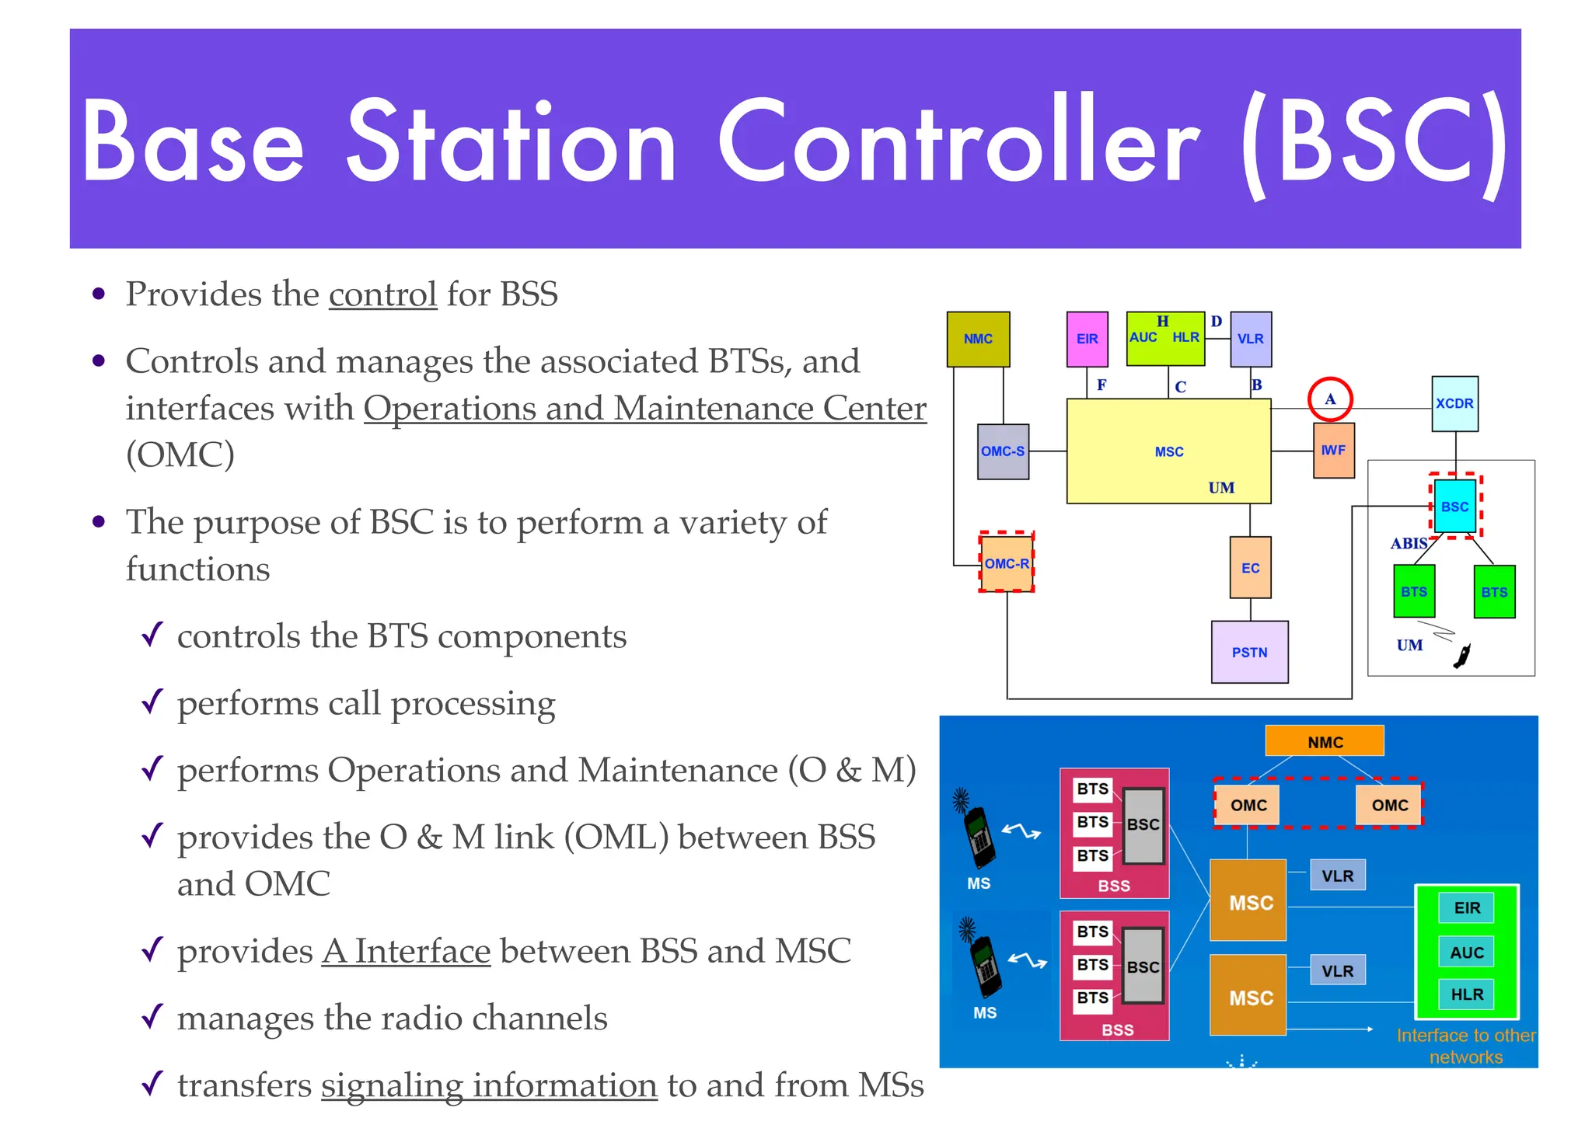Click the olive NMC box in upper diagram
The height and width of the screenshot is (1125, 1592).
point(978,339)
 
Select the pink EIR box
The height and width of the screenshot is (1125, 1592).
point(1087,339)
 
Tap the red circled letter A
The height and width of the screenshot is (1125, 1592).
point(1330,399)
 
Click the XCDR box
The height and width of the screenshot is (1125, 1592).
point(1454,403)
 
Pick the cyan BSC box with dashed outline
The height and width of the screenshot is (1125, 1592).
point(1454,507)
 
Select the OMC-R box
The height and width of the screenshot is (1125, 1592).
point(1007,563)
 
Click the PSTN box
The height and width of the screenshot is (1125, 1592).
point(1249,652)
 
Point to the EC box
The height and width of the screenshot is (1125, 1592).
point(1250,568)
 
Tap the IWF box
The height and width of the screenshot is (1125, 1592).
point(1333,450)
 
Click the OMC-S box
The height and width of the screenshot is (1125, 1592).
point(1003,451)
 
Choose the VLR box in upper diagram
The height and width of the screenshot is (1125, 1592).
point(1251,339)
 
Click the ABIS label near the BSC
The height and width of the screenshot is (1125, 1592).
point(1409,543)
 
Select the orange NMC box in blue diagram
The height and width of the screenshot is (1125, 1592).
point(1325,741)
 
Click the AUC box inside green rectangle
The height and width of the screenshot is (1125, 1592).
point(1466,953)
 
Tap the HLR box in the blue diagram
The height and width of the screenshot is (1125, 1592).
point(1466,994)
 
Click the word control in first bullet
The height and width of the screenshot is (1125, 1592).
point(382,295)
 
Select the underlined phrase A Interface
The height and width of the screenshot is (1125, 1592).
point(407,952)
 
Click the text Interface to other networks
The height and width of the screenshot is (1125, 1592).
point(1465,1046)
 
